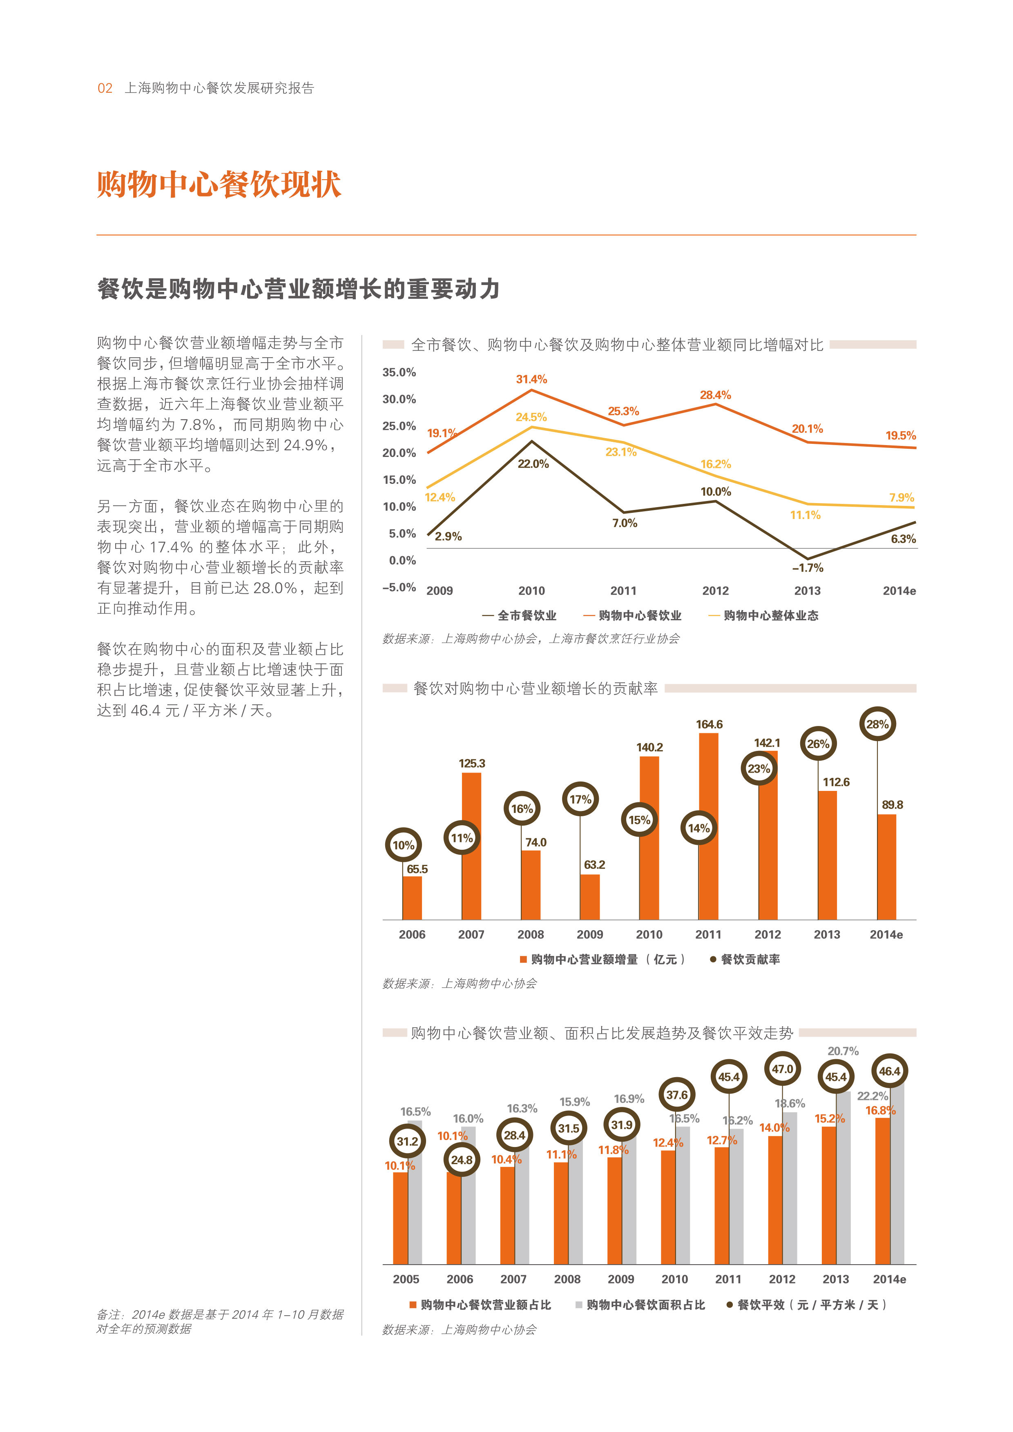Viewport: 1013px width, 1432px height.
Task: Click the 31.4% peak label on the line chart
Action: (x=531, y=379)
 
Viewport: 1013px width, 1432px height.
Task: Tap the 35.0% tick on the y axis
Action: (x=399, y=372)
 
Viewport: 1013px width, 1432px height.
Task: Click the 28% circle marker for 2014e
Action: (x=877, y=724)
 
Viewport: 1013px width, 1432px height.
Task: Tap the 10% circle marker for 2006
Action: (x=403, y=845)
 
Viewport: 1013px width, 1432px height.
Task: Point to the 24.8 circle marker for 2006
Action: (x=462, y=1160)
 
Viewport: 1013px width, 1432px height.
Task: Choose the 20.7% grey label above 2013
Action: (x=843, y=1051)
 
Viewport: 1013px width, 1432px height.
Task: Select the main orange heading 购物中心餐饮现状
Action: (x=219, y=185)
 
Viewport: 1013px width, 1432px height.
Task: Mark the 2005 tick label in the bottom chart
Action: (x=406, y=1279)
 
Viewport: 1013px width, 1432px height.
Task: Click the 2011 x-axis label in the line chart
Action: (x=623, y=590)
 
